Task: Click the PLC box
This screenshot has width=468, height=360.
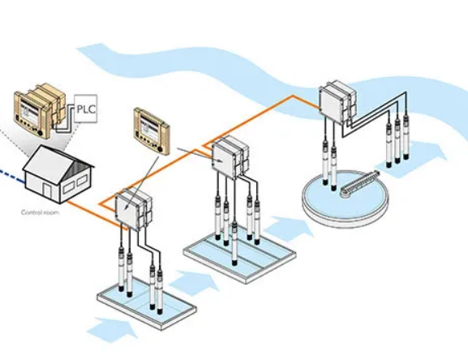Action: [86, 109]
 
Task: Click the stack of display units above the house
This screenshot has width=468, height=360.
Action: [37, 109]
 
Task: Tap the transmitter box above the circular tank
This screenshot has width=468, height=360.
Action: [335, 101]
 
